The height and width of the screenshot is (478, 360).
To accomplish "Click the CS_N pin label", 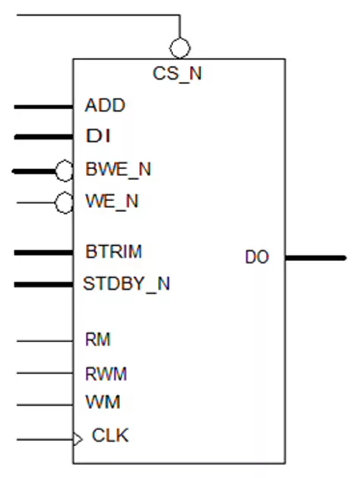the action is (x=177, y=74).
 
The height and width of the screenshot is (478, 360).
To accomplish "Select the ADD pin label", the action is (x=105, y=105).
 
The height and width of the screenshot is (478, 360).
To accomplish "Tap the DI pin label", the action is (x=98, y=136).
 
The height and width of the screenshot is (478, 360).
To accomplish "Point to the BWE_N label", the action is (x=118, y=169).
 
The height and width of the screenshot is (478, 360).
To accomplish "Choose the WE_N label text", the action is (x=112, y=201).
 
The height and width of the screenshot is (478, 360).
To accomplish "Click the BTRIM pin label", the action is (x=114, y=251).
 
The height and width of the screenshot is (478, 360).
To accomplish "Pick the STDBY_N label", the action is (x=126, y=284).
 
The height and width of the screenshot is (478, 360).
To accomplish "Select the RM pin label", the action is (x=98, y=339).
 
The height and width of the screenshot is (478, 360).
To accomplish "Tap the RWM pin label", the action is (x=106, y=374).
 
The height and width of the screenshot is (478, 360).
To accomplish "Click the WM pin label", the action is (x=103, y=402).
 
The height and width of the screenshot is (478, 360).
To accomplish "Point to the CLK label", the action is (x=110, y=435).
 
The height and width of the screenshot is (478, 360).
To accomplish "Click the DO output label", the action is (x=257, y=257).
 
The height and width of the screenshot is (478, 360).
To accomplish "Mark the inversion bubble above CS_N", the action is (x=180, y=48).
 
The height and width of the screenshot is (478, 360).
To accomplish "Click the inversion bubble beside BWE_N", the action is (x=64, y=171).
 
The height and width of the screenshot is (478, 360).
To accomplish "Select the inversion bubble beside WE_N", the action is (x=64, y=203).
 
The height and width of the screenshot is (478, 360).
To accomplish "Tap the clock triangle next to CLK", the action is (x=77, y=439).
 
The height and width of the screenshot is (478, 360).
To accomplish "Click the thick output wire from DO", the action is (x=315, y=258).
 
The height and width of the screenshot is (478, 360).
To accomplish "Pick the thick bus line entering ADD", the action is (x=43, y=107).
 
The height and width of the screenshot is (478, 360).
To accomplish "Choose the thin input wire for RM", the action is (x=45, y=341).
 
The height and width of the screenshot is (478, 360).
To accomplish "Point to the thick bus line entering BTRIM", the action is (x=43, y=253).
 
